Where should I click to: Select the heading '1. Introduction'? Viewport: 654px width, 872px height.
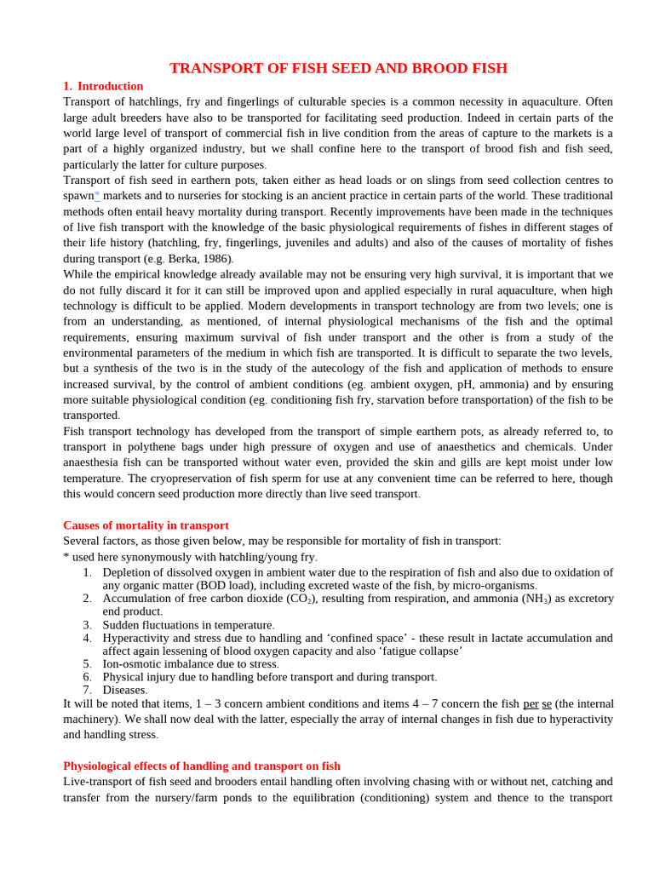click(x=103, y=86)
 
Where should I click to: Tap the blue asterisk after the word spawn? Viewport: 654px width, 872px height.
click(x=97, y=195)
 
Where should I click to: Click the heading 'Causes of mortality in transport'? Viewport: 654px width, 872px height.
click(x=146, y=525)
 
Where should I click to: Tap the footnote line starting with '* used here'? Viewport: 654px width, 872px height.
click(x=190, y=557)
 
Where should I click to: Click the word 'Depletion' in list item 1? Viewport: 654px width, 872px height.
click(x=129, y=572)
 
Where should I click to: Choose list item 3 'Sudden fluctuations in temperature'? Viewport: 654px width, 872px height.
click(x=188, y=625)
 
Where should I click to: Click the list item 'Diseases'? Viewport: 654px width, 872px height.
click(x=124, y=690)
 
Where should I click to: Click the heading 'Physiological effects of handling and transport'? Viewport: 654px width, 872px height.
click(x=202, y=766)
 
